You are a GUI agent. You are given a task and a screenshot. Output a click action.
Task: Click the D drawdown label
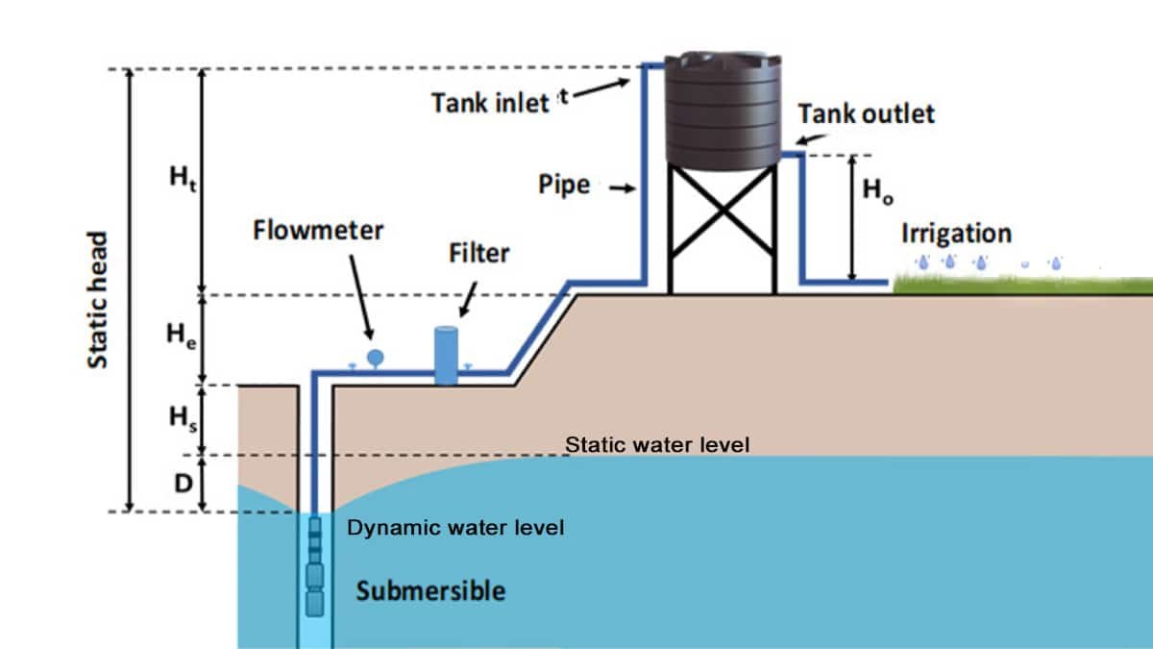pos(183,484)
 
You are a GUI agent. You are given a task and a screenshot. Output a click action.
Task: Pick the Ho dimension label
pos(876,190)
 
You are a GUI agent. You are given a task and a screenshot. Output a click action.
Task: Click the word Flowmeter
pos(318,231)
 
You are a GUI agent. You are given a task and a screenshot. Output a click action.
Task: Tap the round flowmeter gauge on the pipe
pos(375,357)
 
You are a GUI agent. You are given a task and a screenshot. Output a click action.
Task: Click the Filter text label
pos(478,254)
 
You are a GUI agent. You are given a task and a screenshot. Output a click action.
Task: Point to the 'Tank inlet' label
pos(490,102)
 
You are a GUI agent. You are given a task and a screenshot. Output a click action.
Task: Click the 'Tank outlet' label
pos(865,113)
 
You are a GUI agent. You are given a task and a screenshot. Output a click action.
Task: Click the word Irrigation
pos(955,234)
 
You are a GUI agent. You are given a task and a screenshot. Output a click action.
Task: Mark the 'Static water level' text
pos(656,445)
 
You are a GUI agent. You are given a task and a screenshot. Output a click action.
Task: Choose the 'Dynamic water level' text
pos(455,528)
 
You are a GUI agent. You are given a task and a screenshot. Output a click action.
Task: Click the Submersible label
pos(429,589)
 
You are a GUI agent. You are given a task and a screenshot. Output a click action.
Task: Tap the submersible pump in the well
pos(315,567)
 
